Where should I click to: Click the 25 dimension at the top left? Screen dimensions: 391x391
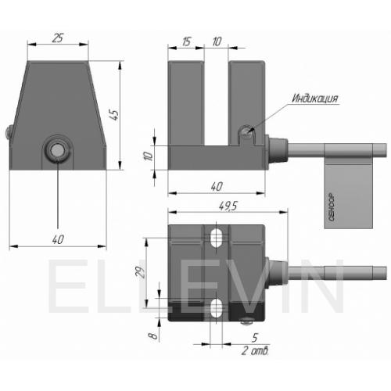click(x=58, y=38)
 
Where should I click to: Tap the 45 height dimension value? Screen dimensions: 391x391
click(x=114, y=114)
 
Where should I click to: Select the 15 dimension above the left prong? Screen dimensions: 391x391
click(x=186, y=41)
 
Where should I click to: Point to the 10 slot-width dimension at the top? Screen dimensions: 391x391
click(x=217, y=41)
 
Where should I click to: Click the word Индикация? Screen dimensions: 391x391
click(x=314, y=99)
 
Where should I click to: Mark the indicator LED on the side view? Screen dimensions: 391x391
click(x=246, y=132)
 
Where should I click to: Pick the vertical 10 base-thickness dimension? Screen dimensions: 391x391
click(x=148, y=156)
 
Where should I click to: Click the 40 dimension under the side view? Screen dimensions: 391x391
click(x=217, y=187)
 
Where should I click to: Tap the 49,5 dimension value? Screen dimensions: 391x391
click(x=228, y=206)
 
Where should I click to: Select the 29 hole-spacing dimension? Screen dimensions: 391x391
click(x=141, y=272)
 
